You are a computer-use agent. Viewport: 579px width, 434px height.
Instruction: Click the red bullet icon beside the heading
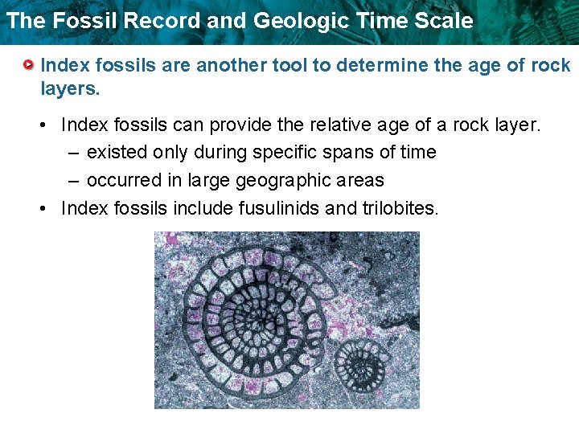pos(29,65)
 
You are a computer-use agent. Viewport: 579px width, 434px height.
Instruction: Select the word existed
pos(117,153)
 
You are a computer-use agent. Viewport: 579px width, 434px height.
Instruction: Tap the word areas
pos(355,181)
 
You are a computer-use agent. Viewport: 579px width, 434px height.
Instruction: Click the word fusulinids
pos(278,209)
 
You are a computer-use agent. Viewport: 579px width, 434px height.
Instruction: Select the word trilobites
pos(396,209)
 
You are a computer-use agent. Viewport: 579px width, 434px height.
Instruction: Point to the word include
pos(203,209)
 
